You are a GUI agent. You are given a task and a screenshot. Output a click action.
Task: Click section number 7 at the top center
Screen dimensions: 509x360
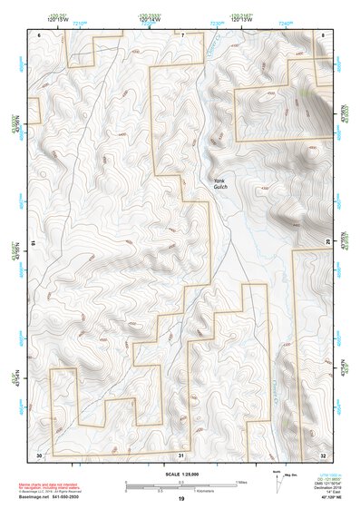point(181,34)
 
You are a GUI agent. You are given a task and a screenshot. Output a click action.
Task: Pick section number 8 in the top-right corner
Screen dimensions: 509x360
point(324,34)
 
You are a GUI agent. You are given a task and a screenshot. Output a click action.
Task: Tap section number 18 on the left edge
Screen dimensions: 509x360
point(33,243)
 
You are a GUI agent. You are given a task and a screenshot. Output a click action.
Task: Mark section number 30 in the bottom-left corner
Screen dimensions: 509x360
point(39,454)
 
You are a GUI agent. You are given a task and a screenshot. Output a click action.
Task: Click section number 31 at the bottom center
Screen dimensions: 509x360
point(181,454)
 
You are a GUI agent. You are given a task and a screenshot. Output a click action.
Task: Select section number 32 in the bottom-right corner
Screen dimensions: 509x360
point(324,454)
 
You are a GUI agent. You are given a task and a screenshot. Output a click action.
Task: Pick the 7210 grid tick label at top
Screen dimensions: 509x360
point(80,21)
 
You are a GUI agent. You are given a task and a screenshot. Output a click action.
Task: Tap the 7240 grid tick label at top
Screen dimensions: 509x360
point(286,21)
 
